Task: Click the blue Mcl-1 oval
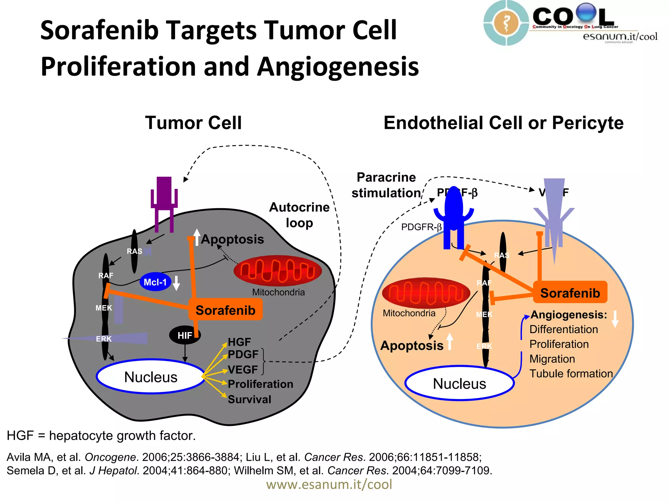click(x=155, y=282)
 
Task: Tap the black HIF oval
click(x=185, y=335)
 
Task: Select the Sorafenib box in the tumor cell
click(x=225, y=310)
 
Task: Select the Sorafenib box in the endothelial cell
click(x=570, y=293)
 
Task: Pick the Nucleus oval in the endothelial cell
click(x=459, y=383)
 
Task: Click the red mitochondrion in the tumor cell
click(x=278, y=271)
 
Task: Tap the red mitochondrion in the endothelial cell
click(x=426, y=293)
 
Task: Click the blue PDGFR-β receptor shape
click(x=453, y=216)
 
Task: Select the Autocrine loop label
click(x=299, y=215)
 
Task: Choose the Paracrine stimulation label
click(x=386, y=185)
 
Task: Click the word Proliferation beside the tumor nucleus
click(x=260, y=384)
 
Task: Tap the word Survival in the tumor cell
click(x=250, y=399)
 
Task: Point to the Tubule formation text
click(x=571, y=374)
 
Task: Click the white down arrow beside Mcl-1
click(x=176, y=283)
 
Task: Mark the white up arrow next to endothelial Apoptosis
click(x=450, y=342)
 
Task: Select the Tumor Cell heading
click(x=193, y=123)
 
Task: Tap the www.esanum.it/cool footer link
click(x=329, y=484)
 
